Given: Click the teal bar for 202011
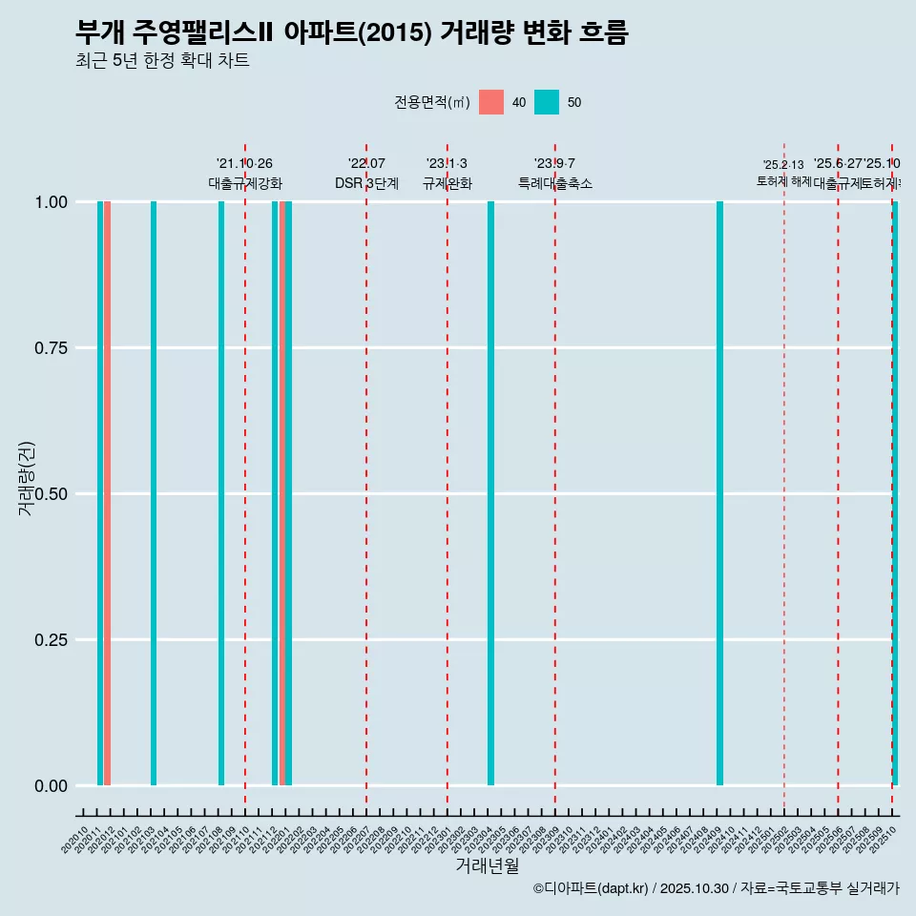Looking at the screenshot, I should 100,493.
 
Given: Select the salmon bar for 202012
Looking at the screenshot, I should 108,493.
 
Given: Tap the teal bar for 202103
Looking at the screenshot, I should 154,493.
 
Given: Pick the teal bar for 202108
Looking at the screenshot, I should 221,493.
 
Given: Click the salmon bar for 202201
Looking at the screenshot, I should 282,493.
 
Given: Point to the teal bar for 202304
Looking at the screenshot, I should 490,493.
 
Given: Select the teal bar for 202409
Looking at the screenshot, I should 719,493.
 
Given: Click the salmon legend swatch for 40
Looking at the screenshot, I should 491,102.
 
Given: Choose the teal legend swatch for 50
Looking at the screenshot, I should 547,102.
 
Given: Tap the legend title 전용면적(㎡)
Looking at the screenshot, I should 432,102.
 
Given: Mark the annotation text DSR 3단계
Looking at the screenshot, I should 366,183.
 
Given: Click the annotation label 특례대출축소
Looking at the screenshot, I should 555,183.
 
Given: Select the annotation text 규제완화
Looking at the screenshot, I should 448,183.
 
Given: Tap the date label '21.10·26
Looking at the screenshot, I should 244,164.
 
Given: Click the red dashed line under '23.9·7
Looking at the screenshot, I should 555,477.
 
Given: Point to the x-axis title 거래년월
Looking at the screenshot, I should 487,865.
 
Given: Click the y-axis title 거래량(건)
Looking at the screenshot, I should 26,477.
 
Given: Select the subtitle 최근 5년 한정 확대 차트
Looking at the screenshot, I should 162,61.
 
